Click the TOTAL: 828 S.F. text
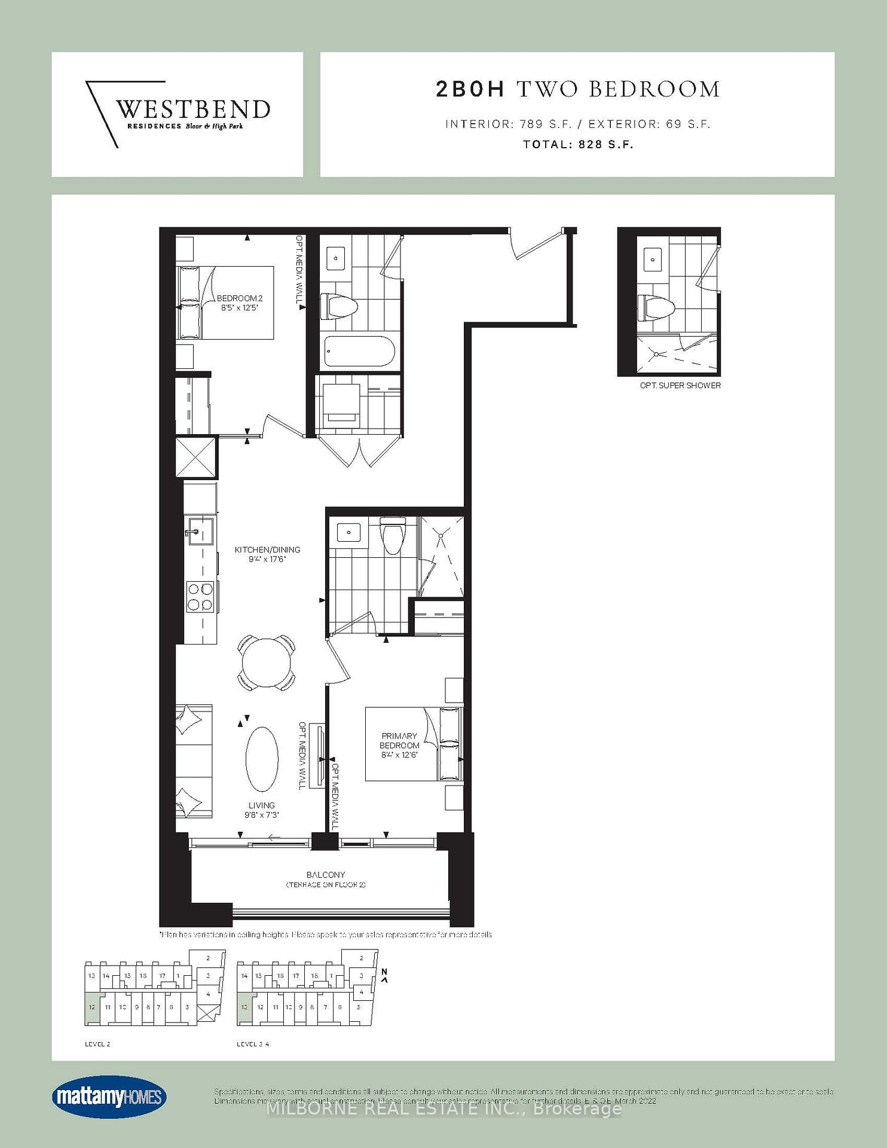tap(577, 144)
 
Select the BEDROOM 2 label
tap(239, 303)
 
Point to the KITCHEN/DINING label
tap(267, 554)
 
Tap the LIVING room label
tap(262, 810)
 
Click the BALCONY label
tap(326, 878)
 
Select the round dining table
tap(267, 663)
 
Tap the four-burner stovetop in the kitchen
tap(200, 597)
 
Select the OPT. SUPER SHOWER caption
tap(680, 386)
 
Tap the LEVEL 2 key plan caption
tap(97, 1044)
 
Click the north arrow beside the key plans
tap(385, 976)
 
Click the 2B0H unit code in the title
tap(470, 89)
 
